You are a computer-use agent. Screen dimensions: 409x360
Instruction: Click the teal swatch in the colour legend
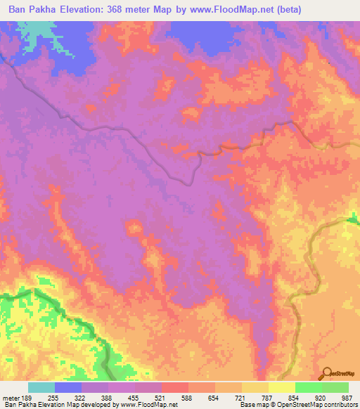click(41, 387)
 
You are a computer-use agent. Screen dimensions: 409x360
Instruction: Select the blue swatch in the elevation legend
click(68, 387)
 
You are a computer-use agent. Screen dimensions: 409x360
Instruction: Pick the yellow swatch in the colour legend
click(282, 387)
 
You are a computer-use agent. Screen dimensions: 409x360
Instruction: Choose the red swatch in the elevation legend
click(175, 387)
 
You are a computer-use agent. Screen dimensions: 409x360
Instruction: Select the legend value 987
click(344, 398)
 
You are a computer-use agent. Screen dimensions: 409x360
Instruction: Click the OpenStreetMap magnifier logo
click(327, 373)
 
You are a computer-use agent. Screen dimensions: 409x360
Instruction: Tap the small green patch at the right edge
click(352, 224)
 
